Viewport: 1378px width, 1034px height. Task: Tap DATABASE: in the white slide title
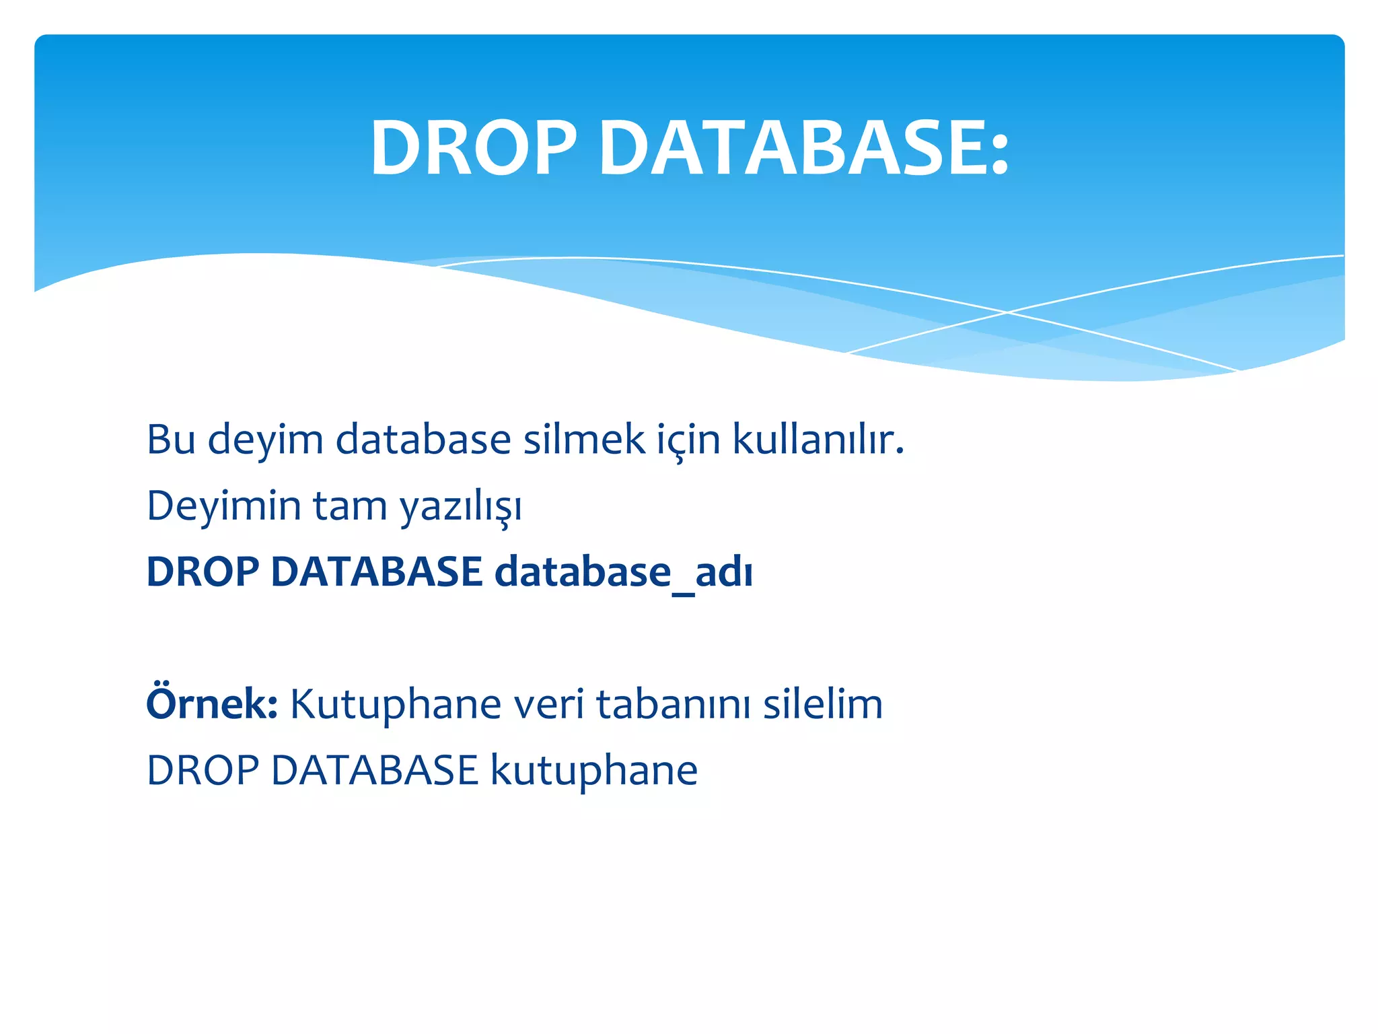tap(804, 148)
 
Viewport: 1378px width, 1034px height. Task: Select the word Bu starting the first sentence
tap(171, 440)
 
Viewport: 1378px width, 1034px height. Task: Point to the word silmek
tap(584, 440)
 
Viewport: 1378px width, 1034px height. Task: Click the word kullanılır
tap(818, 440)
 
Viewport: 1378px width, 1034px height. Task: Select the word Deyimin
tap(223, 506)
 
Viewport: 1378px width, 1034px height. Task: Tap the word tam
tap(350, 506)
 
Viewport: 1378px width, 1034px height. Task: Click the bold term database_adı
tap(623, 573)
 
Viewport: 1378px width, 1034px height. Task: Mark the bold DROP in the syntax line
tap(203, 572)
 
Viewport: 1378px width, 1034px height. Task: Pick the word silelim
tap(822, 705)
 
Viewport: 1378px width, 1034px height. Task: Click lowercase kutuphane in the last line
tap(593, 771)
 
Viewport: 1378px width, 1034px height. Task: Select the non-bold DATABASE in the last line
tap(374, 771)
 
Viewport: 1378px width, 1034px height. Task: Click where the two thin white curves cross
tap(1007, 312)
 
